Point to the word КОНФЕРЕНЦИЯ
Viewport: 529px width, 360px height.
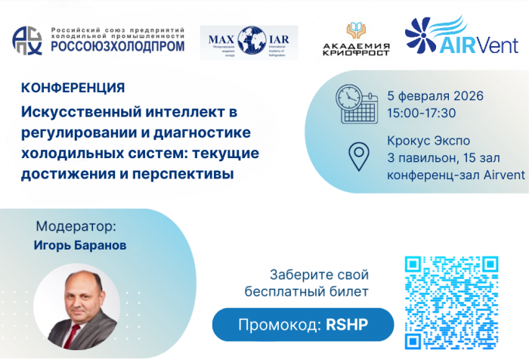63,88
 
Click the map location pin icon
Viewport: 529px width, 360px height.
357,156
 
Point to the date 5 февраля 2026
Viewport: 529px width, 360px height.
435,97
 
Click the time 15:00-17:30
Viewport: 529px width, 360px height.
421,113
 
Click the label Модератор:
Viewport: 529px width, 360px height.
77,225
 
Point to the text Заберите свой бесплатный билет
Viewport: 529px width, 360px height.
307,282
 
